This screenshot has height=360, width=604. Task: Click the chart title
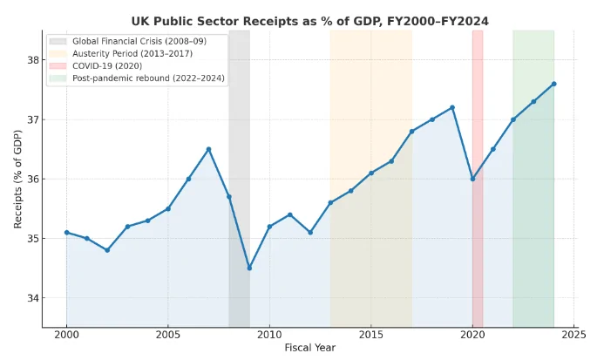309,21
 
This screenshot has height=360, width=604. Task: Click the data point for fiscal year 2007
208,149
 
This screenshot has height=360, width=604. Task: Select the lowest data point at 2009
249,268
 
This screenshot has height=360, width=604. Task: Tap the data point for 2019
452,107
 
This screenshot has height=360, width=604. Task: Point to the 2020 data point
472,179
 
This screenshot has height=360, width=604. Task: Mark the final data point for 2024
553,84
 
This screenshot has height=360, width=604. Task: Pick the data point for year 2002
107,250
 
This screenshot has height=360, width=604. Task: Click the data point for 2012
310,232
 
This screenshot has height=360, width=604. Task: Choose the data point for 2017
411,132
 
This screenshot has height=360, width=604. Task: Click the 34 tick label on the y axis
29,298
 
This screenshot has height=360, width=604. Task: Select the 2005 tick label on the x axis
167,334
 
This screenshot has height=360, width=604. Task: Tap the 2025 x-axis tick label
573,334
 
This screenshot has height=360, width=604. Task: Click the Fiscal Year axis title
309,348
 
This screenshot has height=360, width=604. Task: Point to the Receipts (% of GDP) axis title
17,179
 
